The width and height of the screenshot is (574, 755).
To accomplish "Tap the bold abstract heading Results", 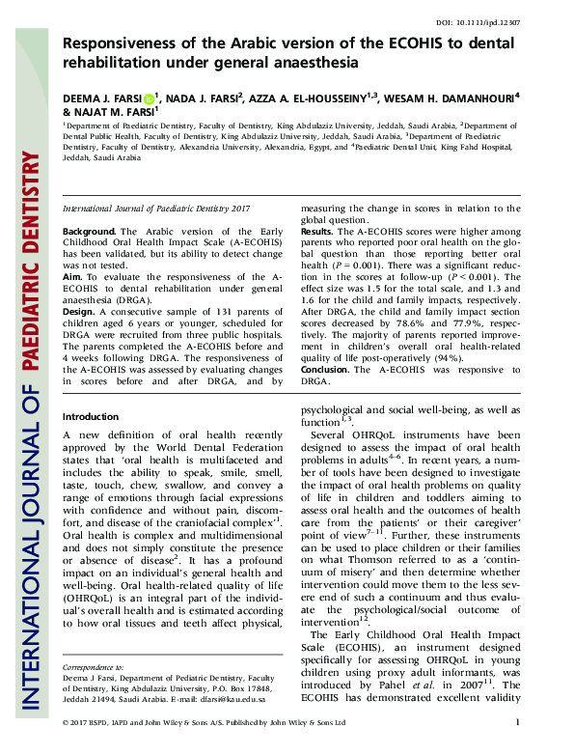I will (x=317, y=233).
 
